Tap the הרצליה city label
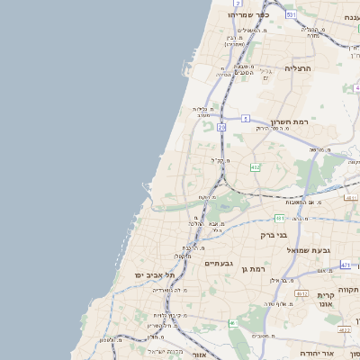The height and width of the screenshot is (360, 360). tap(297, 67)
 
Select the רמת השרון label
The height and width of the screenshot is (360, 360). tap(289, 121)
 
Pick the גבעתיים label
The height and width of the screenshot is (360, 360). tap(219, 263)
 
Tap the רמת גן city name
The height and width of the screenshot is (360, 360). tap(257, 269)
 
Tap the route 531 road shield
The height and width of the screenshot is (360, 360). tap(291, 15)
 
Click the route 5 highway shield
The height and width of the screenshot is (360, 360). tap(245, 118)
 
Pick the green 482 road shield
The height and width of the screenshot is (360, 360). tap(256, 166)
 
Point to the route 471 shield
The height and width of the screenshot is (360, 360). tap(346, 265)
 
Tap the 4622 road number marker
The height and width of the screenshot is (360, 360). tap(344, 329)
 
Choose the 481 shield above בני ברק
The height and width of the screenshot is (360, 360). tap(281, 218)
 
